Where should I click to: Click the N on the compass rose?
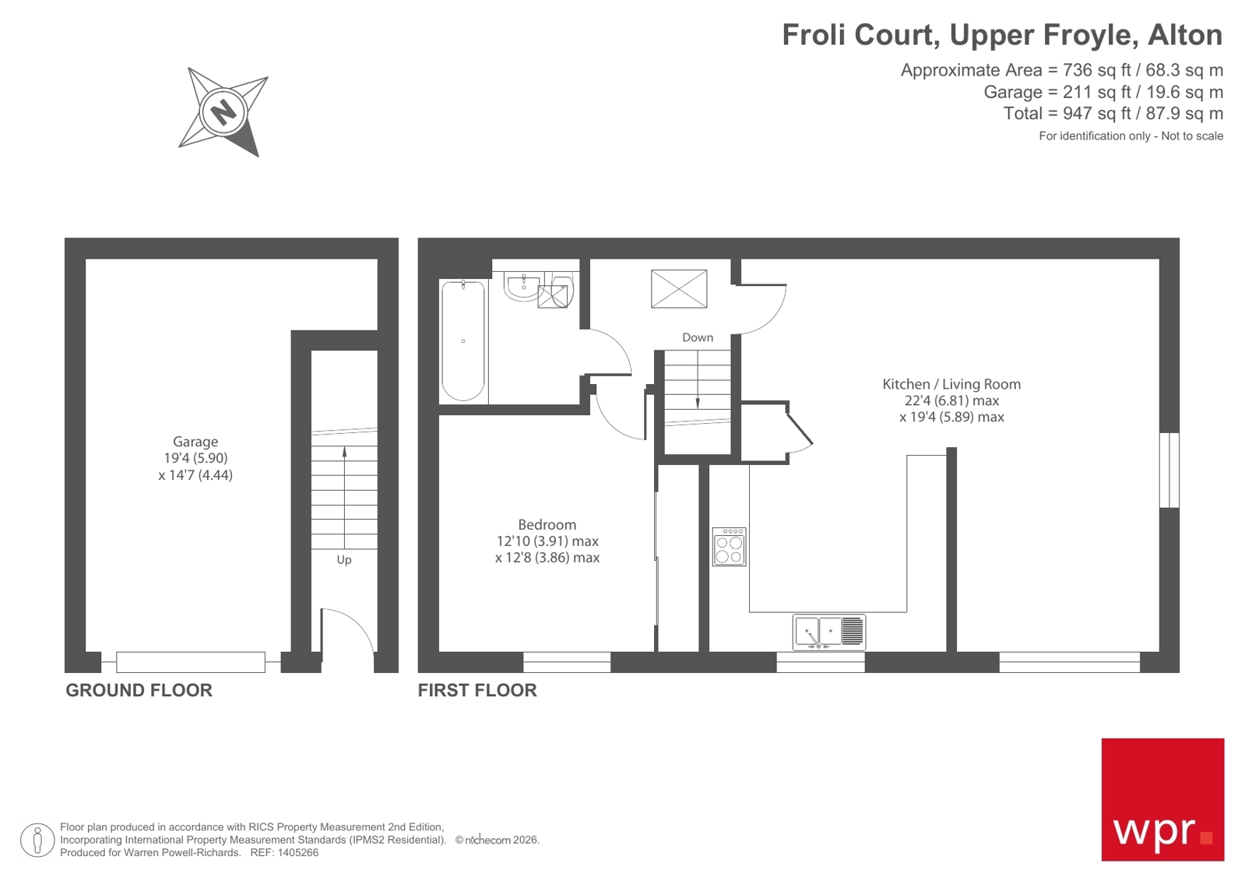coord(223,111)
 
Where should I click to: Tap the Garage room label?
coord(195,442)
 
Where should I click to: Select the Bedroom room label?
coord(547,525)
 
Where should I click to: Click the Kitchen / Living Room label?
coord(951,384)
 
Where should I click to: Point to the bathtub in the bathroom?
coord(463,340)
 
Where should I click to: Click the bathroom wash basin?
coord(522,287)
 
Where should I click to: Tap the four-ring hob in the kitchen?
coord(729,547)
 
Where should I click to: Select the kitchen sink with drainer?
coord(828,632)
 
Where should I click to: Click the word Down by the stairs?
coord(697,337)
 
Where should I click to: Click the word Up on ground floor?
coord(343,560)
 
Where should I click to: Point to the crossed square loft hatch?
coord(679,289)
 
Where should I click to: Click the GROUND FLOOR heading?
coord(139,690)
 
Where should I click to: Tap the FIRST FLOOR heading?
coord(477,690)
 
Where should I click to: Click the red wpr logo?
coord(1162,799)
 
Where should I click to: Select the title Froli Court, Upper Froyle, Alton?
coord(1001,35)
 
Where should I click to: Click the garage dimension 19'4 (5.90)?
coord(195,458)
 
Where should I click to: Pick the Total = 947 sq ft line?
coord(1113,114)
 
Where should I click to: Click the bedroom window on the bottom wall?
coord(566,663)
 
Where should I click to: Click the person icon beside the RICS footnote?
coord(37,840)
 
